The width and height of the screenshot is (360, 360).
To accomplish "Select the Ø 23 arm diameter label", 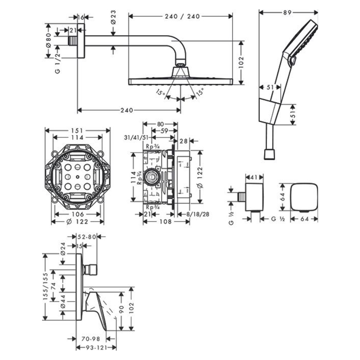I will pos(113,17).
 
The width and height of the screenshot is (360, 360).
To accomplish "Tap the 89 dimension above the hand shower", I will pos(287,12).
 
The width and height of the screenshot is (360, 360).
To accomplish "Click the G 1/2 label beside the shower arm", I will pos(57,64).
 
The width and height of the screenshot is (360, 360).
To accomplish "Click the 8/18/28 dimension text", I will pos(196,214).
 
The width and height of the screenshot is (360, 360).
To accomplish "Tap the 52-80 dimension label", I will pos(87,237).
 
